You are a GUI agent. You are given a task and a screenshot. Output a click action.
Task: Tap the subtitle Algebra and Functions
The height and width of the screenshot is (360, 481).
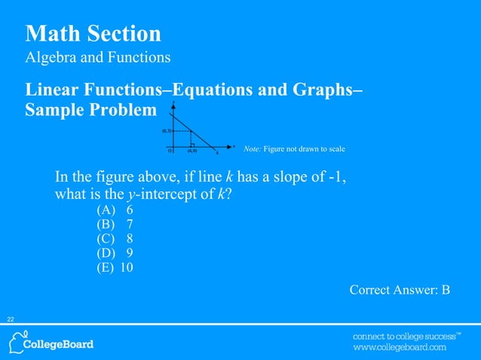98,57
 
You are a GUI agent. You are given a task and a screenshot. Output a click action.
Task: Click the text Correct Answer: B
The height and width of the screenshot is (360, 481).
400,289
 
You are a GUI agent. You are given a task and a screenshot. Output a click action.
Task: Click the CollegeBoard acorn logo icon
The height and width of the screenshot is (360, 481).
17,343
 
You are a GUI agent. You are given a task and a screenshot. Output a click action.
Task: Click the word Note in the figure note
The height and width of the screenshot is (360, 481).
252,149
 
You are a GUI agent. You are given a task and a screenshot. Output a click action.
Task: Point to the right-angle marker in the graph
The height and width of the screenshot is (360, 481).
194,143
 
